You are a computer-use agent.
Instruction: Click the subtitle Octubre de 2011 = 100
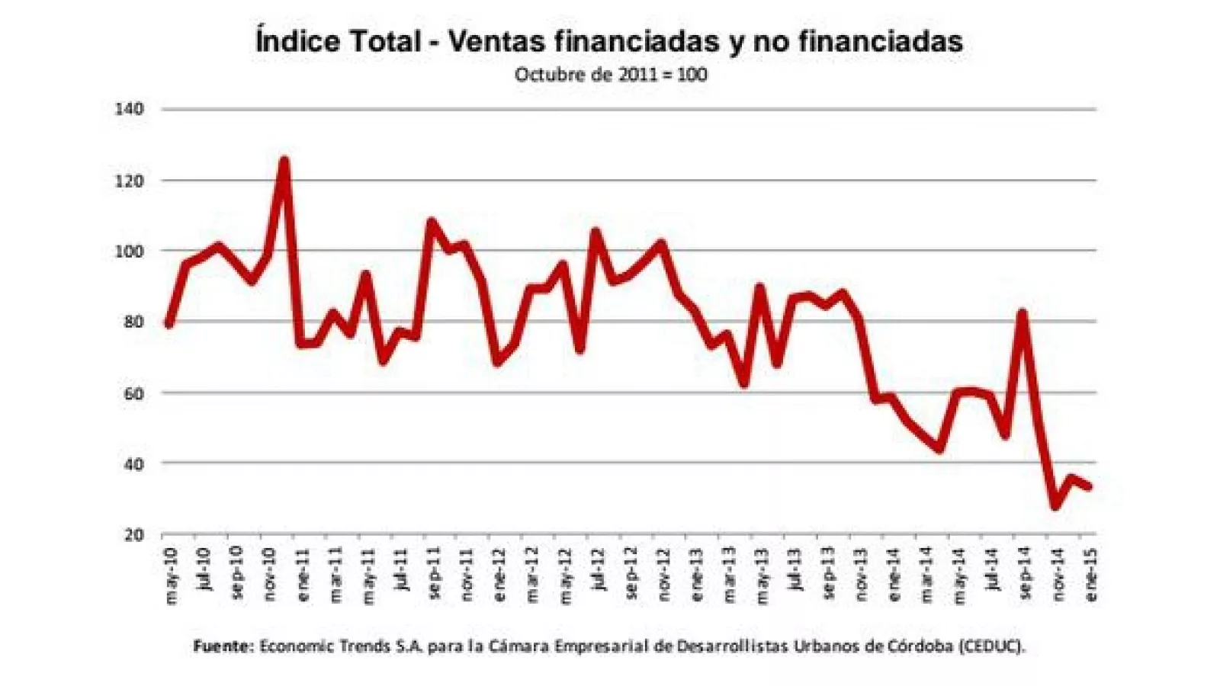[x=610, y=75]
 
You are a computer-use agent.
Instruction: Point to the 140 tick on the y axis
[x=129, y=109]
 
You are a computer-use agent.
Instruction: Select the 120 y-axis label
[x=129, y=181]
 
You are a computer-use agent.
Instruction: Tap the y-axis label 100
[x=129, y=251]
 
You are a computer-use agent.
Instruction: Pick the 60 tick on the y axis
[x=133, y=393]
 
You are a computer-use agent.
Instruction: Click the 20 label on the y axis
[x=133, y=534]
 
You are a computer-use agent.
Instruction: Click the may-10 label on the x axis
[x=170, y=576]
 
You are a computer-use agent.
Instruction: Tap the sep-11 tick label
[x=434, y=574]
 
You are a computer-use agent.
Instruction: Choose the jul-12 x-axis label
[x=599, y=569]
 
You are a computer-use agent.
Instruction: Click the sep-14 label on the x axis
[x=1024, y=574]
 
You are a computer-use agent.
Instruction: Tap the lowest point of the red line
[x=1056, y=505]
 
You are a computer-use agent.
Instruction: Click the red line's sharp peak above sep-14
[x=1023, y=313]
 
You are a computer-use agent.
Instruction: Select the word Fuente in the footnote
[x=222, y=646]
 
